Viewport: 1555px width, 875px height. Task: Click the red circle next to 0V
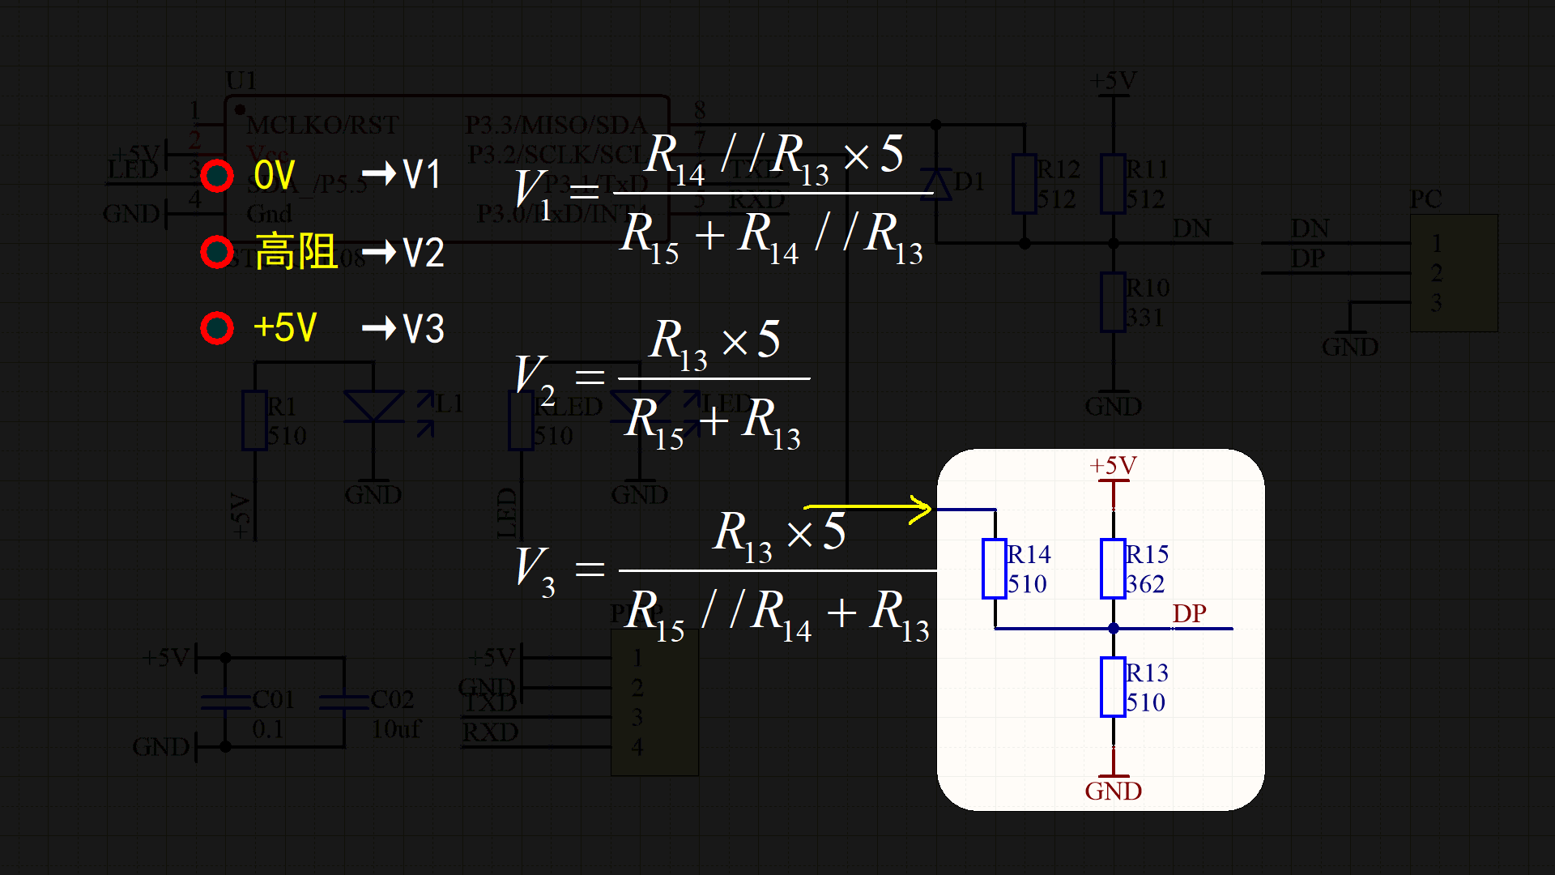(x=217, y=176)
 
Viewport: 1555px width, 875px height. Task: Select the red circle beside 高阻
(x=217, y=252)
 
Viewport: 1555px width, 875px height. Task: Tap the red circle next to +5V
(x=217, y=328)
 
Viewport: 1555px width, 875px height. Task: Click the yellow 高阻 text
(x=296, y=252)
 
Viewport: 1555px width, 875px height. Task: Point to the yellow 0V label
(x=274, y=176)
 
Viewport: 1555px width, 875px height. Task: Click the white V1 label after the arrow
(x=422, y=175)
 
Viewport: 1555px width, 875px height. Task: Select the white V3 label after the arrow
(x=424, y=329)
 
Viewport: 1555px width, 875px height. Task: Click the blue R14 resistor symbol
(x=995, y=569)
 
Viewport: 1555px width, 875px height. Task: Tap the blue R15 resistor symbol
(x=1113, y=569)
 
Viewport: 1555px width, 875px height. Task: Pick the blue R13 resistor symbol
(x=1113, y=687)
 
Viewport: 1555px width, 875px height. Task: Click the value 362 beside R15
(x=1145, y=584)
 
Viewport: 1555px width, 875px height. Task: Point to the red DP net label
(x=1189, y=613)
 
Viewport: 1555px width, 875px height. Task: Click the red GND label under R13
(x=1113, y=792)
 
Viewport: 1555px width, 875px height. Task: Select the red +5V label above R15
(x=1113, y=466)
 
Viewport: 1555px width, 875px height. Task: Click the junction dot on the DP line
(x=1114, y=628)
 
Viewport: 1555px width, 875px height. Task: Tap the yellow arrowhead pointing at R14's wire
(x=922, y=510)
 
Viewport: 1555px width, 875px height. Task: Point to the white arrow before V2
(x=379, y=253)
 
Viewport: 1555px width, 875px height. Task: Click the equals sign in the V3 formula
(x=590, y=569)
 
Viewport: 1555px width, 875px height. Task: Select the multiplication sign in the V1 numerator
(x=856, y=156)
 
